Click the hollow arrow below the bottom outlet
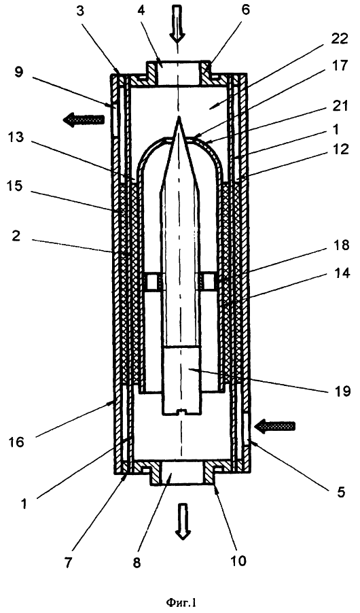click(182, 516)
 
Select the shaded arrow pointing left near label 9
click(84, 118)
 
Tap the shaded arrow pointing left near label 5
click(274, 425)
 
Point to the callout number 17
click(340, 66)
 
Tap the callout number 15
click(15, 186)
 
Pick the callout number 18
click(340, 246)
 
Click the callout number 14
click(340, 273)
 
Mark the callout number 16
click(15, 442)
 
